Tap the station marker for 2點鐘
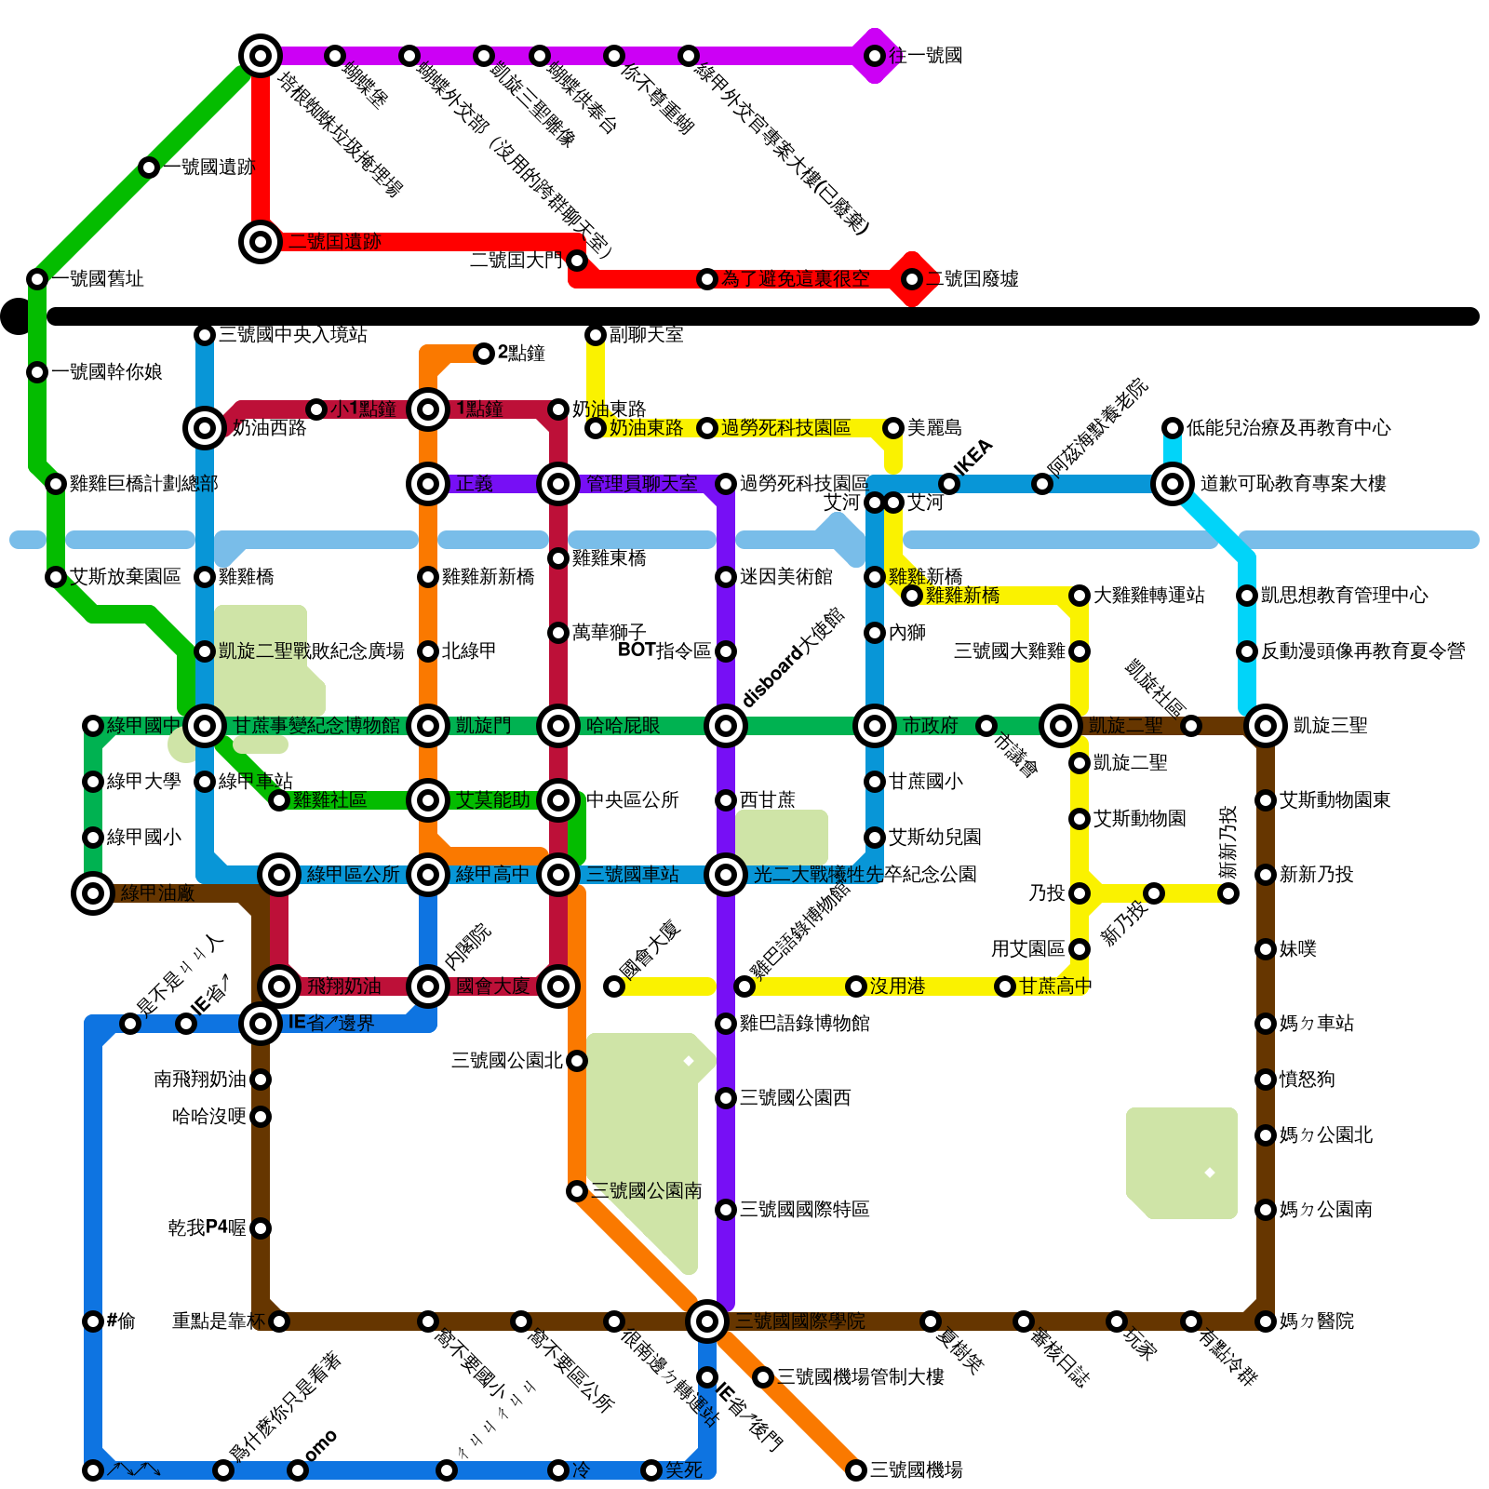point(484,353)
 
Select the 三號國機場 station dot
point(856,1469)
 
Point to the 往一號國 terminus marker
point(875,56)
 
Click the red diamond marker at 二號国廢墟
point(912,278)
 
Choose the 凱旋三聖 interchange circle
point(1266,725)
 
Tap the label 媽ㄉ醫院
point(1316,1321)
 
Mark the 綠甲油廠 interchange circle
point(93,893)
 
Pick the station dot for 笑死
point(651,1469)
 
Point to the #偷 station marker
point(93,1321)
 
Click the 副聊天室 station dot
point(596,334)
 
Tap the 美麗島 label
point(933,427)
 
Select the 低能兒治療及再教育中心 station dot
point(1173,427)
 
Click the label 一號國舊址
point(98,278)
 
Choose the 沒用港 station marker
point(856,986)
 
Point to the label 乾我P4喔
point(207,1227)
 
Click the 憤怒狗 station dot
point(1266,1079)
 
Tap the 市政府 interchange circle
point(875,725)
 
